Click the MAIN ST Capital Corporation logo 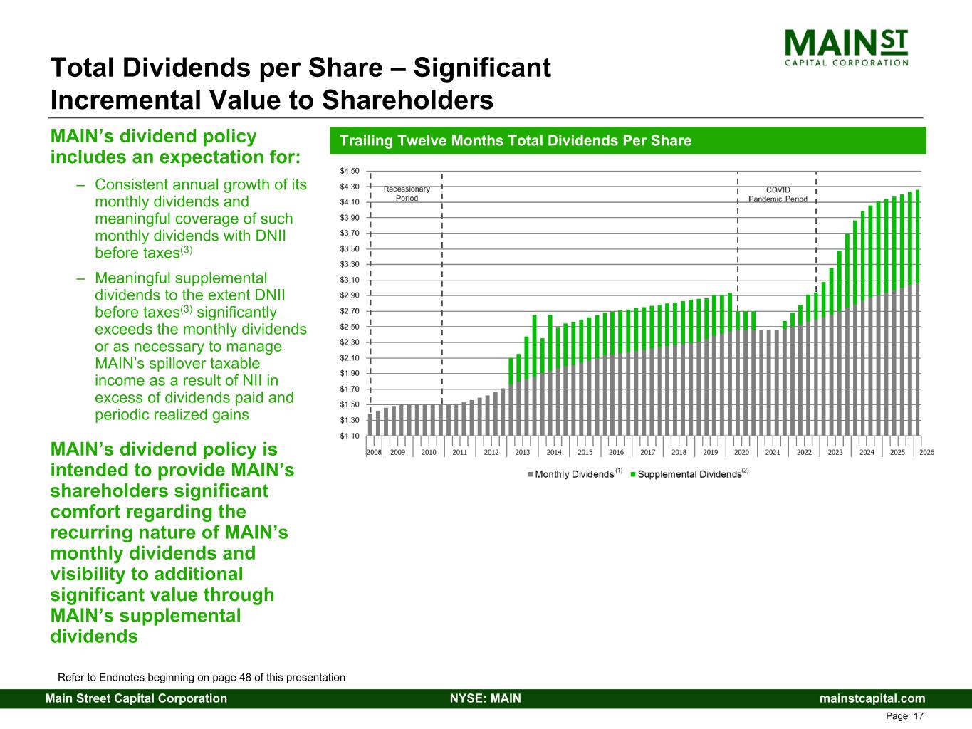click(846, 48)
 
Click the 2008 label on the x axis click(374, 452)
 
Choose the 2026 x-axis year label click(926, 452)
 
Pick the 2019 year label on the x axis click(710, 452)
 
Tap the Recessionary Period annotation click(407, 194)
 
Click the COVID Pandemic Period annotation click(778, 194)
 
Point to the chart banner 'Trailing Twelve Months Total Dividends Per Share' click(516, 141)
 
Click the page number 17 click(918, 716)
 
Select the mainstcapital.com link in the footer click(872, 698)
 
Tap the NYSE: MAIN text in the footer click(486, 698)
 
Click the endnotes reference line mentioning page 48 click(202, 678)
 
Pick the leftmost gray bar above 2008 click(370, 425)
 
